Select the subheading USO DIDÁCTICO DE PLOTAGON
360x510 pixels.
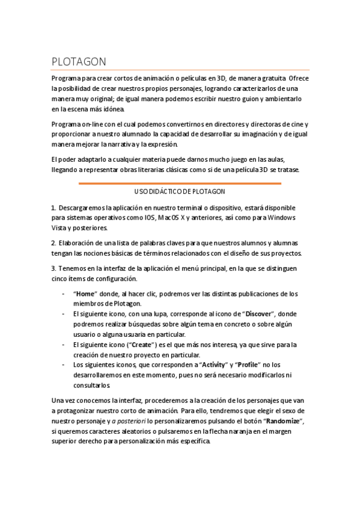point(180,192)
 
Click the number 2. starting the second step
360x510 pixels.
point(53,243)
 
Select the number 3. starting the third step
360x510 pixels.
point(53,268)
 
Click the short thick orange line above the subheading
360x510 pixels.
point(180,183)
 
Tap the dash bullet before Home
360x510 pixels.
point(64,294)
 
